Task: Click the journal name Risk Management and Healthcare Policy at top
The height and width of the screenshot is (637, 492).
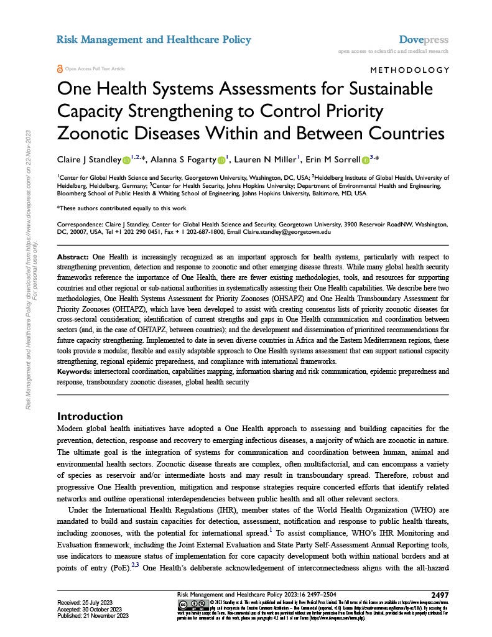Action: click(154, 40)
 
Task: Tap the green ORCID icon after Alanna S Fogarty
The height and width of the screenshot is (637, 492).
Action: click(221, 160)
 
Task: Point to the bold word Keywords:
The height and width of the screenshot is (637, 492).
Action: click(74, 372)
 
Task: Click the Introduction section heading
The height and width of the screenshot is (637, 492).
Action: click(90, 416)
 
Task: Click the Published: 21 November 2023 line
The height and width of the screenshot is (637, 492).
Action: click(93, 616)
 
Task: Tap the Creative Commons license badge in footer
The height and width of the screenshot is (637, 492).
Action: click(191, 605)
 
